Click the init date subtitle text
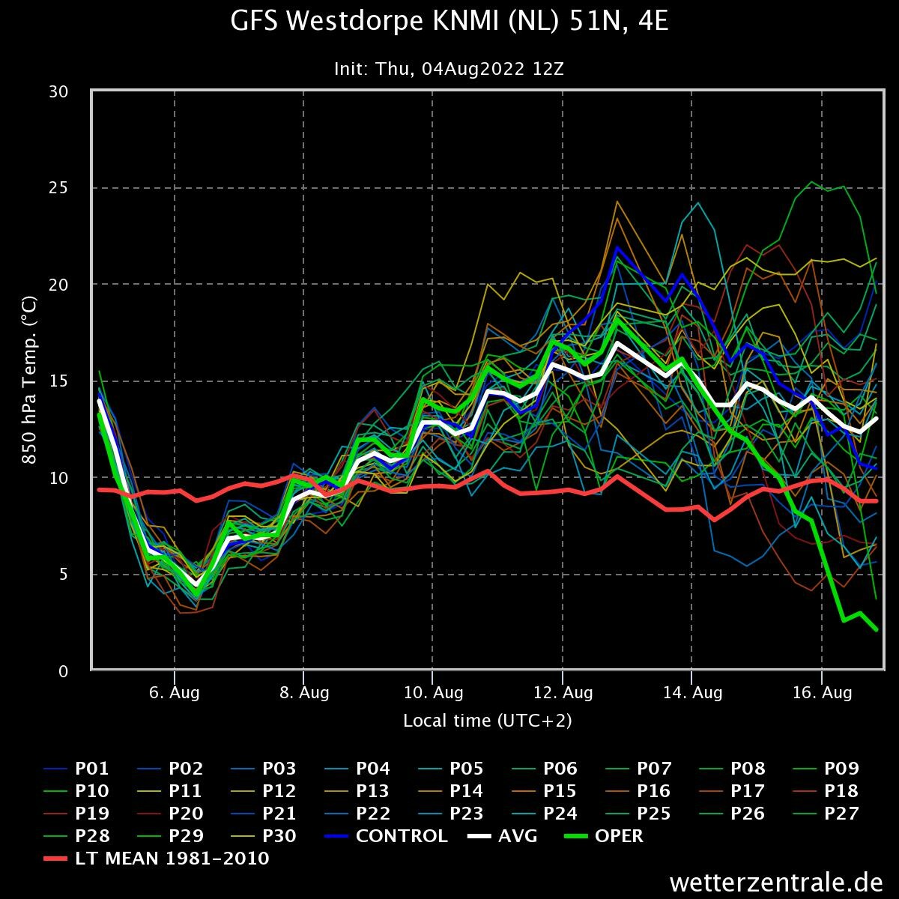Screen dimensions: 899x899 449,69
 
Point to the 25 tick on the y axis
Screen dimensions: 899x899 58,188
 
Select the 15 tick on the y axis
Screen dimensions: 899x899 58,381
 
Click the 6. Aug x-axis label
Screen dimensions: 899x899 174,693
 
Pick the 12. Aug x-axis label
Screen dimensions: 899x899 563,693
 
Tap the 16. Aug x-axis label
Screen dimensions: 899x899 823,693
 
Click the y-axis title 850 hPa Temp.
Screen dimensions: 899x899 29,381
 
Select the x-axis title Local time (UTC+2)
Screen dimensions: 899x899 488,721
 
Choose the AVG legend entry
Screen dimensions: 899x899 503,836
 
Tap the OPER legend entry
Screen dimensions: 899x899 604,836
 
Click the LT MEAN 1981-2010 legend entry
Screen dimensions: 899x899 157,859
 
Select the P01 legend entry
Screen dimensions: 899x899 76,769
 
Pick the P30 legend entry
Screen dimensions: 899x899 264,836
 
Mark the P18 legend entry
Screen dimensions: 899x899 826,791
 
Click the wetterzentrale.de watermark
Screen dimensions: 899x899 776,883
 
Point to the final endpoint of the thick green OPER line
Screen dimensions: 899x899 876,629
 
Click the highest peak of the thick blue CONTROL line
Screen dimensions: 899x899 617,247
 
